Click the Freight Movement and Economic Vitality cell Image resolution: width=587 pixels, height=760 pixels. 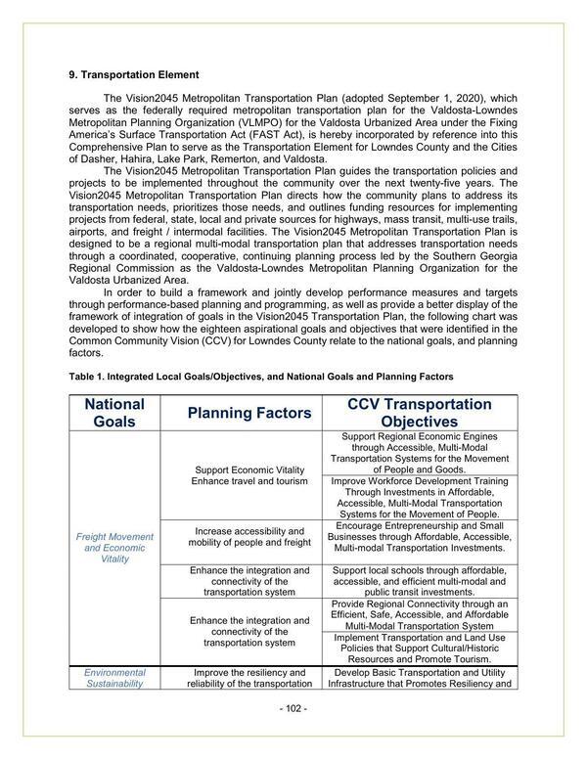114,548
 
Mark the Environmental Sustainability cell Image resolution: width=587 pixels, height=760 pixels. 114,678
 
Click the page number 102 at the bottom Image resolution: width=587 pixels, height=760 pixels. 293,708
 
